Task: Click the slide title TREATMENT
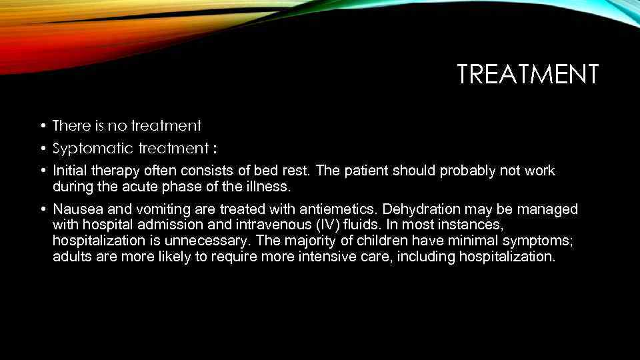coord(528,75)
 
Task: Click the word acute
coord(141,187)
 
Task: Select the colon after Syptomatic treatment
coord(214,148)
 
